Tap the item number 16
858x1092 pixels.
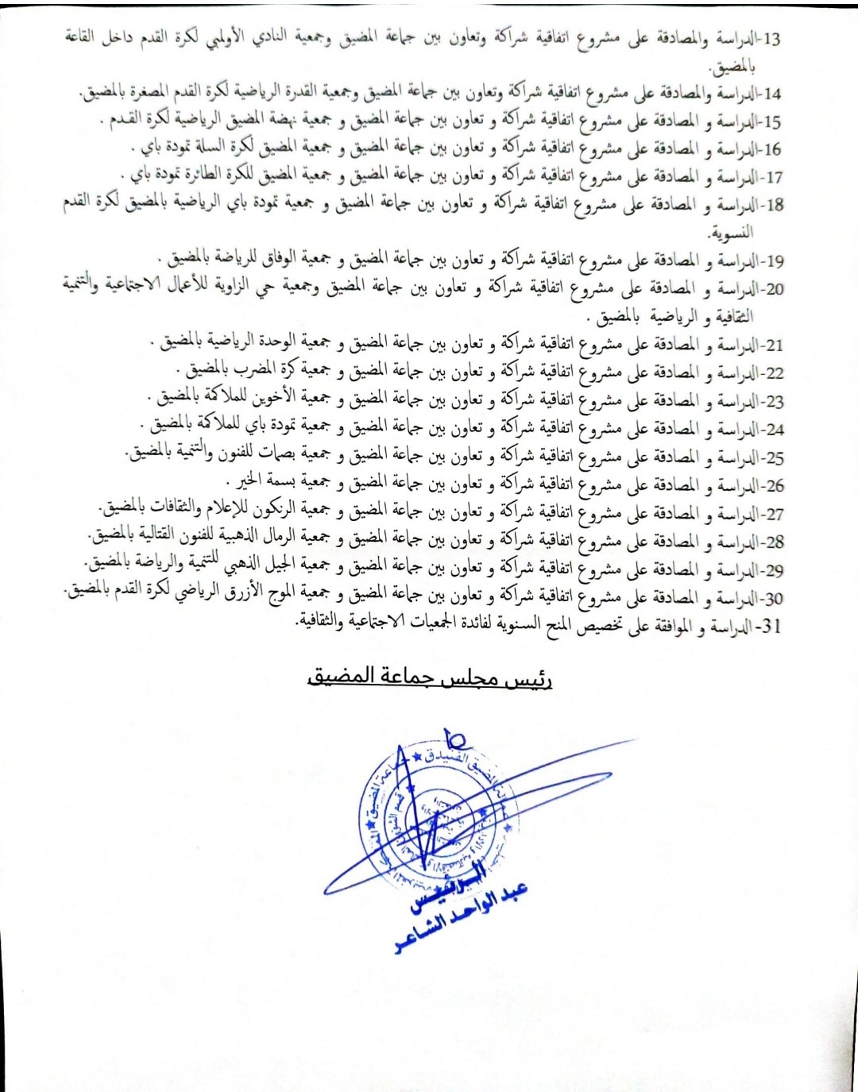pos(771,150)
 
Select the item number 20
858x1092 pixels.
pos(773,289)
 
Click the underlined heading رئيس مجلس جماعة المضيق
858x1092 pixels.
pos(430,677)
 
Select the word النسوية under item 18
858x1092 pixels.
pos(731,233)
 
